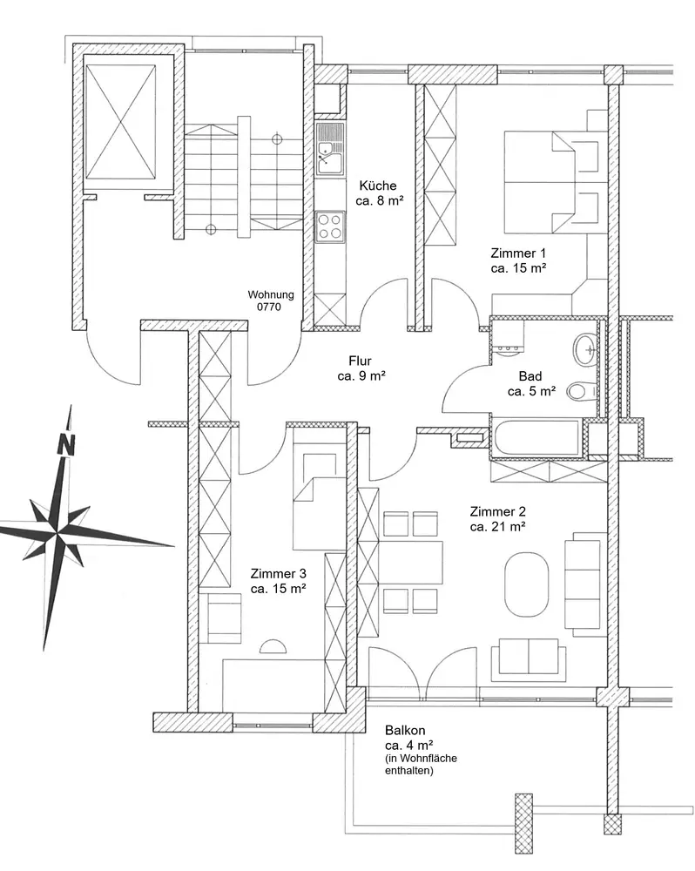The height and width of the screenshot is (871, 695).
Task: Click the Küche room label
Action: [x=378, y=185]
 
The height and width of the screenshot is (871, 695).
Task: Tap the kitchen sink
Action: [x=330, y=150]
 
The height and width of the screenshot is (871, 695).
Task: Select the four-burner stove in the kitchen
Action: [x=330, y=226]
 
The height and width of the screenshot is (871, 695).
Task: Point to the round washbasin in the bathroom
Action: [x=585, y=349]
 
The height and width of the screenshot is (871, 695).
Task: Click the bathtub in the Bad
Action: [x=536, y=440]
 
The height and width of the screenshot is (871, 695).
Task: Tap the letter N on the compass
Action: [x=66, y=444]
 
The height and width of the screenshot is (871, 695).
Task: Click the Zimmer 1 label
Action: [x=518, y=253]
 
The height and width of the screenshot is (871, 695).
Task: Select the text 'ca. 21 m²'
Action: [x=498, y=527]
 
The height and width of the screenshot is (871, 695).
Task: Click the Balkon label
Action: [x=405, y=731]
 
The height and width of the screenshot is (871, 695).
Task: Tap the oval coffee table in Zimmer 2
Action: [x=526, y=584]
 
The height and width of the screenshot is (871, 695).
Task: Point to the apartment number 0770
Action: [x=269, y=307]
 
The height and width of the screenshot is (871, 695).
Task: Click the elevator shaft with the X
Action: [x=120, y=122]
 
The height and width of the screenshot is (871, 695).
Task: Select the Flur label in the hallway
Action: [x=360, y=361]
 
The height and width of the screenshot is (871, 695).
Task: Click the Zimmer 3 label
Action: [x=278, y=573]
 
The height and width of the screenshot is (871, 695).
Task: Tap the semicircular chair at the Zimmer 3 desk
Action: [x=273, y=645]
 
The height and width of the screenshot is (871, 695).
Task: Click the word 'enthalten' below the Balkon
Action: [x=408, y=771]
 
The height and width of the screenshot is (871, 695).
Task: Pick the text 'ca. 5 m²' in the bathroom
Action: [x=531, y=391]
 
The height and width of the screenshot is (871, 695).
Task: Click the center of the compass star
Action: [x=57, y=531]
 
